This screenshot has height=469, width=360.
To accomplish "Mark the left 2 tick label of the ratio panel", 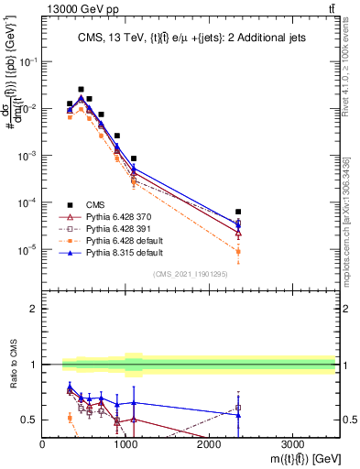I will click(32, 309).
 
